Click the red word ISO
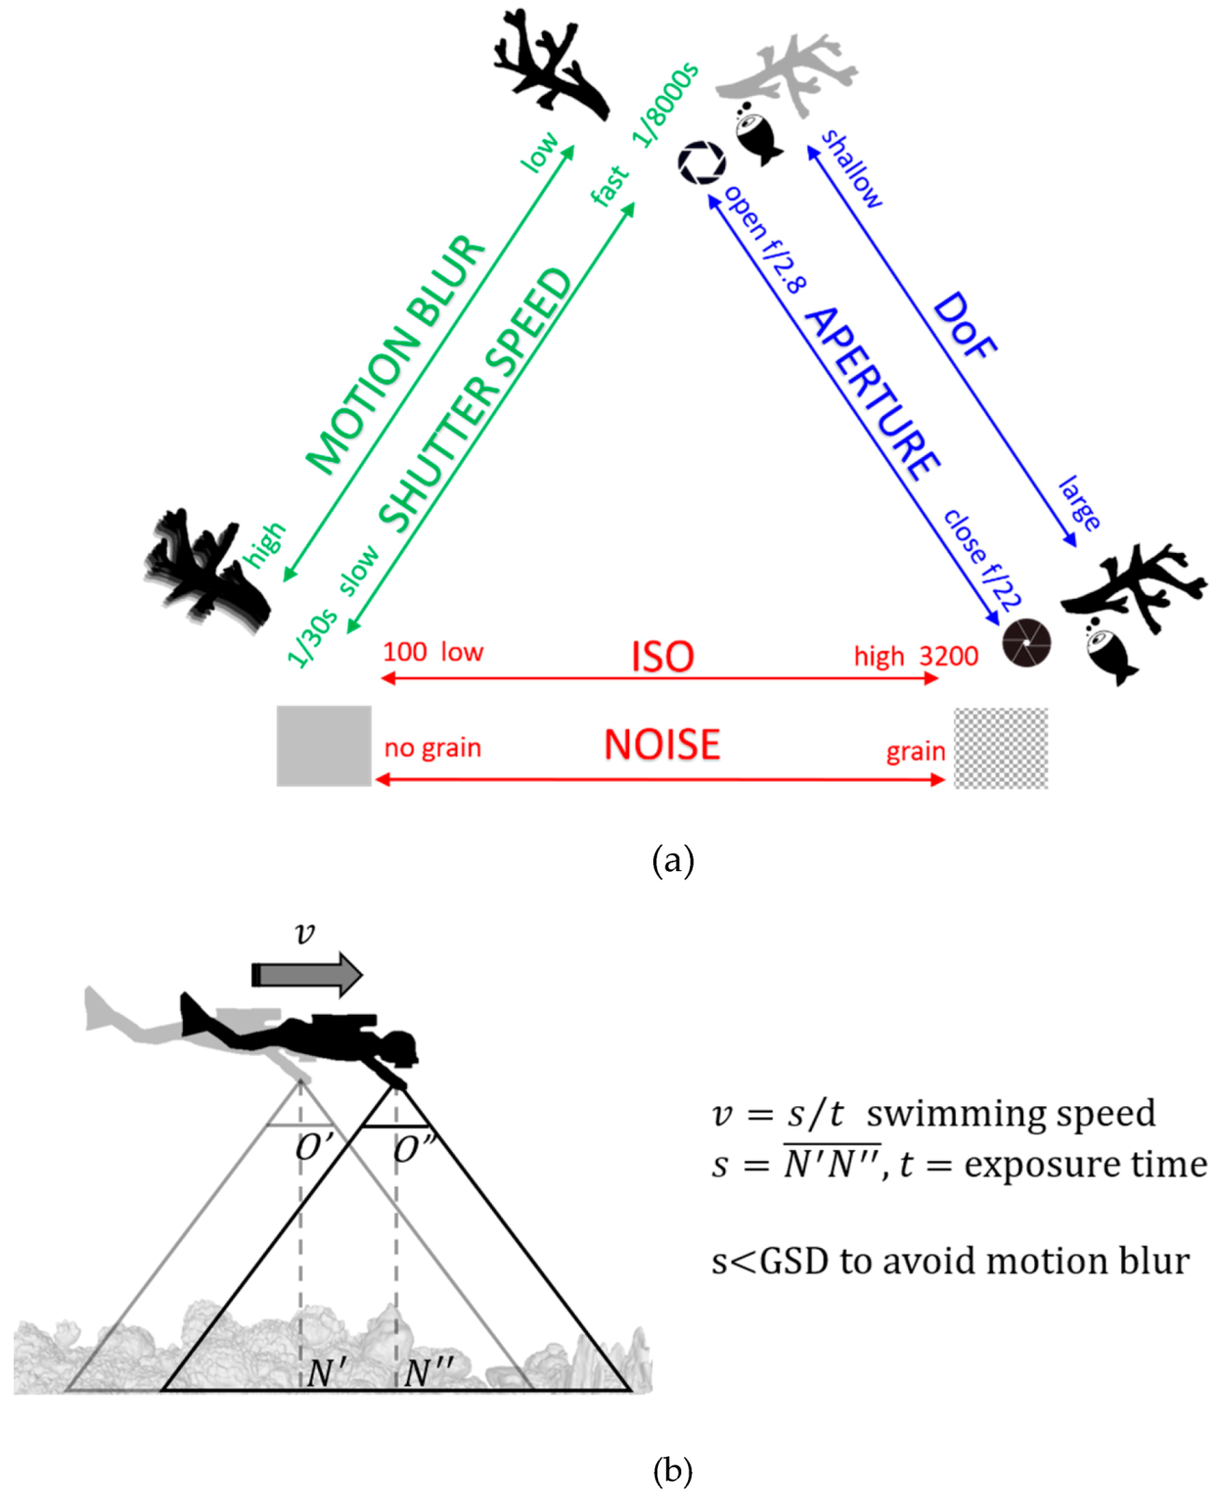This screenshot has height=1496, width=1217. [663, 656]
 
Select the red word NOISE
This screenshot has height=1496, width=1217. [662, 744]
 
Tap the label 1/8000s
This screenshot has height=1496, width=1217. [665, 105]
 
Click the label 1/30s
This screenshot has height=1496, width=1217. [312, 638]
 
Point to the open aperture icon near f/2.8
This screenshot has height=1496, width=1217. [701, 162]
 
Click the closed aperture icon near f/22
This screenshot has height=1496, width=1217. [1027, 643]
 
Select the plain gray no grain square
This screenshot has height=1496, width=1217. [324, 745]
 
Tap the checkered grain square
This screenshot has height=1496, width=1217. [1000, 748]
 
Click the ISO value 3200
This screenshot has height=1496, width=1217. [948, 657]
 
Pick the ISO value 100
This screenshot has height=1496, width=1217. [404, 652]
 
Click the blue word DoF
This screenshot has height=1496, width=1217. [964, 326]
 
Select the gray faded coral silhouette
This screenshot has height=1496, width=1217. [789, 75]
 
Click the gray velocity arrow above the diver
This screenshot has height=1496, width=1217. [307, 975]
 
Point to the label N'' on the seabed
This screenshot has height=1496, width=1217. [428, 1372]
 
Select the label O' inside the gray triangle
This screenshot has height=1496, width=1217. [313, 1148]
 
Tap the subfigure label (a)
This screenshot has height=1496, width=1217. [673, 859]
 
